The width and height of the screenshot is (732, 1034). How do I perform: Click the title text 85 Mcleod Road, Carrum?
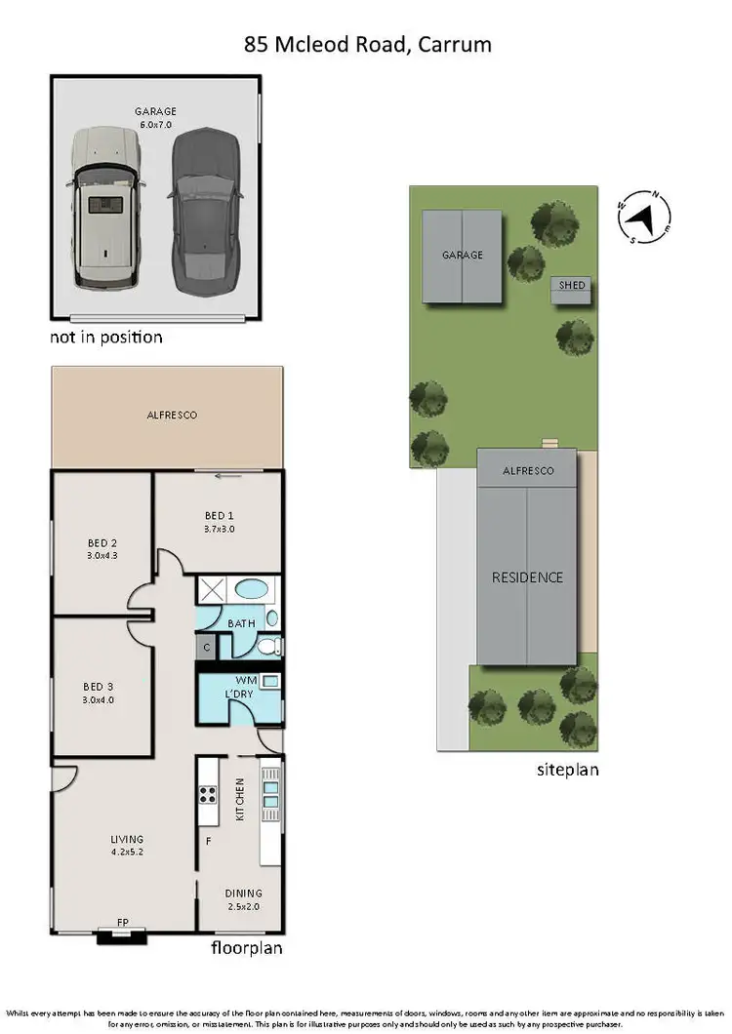pyautogui.click(x=366, y=44)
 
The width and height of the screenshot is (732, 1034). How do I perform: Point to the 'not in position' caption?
pyautogui.click(x=105, y=338)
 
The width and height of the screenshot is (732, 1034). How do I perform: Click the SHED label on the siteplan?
pyautogui.click(x=571, y=285)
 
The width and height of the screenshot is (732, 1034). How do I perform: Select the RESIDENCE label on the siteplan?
pyautogui.click(x=527, y=577)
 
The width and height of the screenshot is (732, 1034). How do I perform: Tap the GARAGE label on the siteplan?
pyautogui.click(x=462, y=255)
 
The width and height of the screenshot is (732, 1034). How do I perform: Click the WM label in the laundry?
pyautogui.click(x=246, y=680)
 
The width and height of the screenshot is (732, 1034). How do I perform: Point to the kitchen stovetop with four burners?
pyautogui.click(x=207, y=793)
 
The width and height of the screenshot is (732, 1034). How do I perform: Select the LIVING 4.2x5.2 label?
pyautogui.click(x=127, y=845)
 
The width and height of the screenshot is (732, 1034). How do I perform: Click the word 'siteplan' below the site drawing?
pyautogui.click(x=567, y=769)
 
